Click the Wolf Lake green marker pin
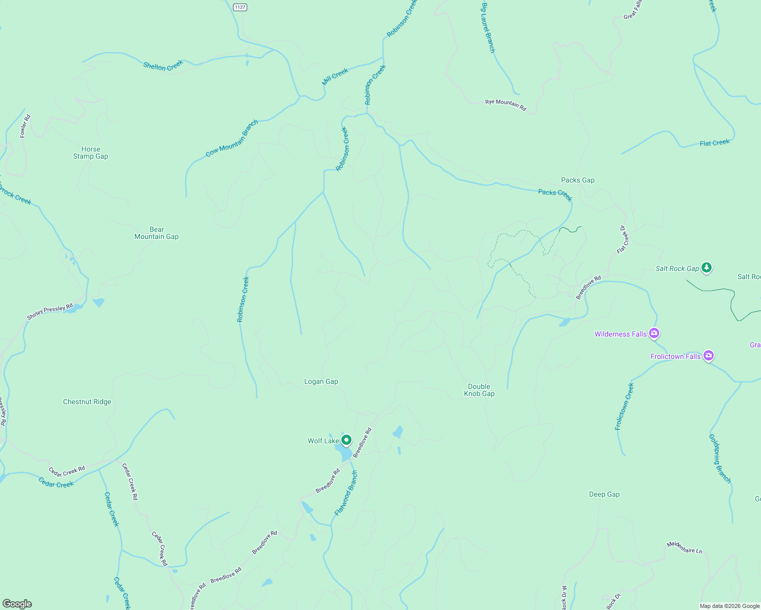click(x=346, y=440)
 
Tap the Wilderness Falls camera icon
click(x=654, y=334)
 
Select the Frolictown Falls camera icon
click(x=708, y=356)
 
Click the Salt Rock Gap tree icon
click(x=706, y=267)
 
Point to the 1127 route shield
click(x=240, y=7)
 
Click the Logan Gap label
click(x=321, y=382)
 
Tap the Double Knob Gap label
click(x=479, y=390)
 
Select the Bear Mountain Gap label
click(x=157, y=233)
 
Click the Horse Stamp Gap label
click(x=91, y=153)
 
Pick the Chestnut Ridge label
click(x=87, y=402)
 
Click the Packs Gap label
click(x=577, y=180)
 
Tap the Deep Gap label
click(x=604, y=494)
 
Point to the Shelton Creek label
click(x=163, y=66)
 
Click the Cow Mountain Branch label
click(x=232, y=138)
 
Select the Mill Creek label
click(x=335, y=76)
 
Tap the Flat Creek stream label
click(x=714, y=143)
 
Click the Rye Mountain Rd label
click(x=506, y=105)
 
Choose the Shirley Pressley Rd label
click(x=50, y=312)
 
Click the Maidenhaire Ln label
click(x=684, y=547)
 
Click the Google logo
click(x=17, y=604)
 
